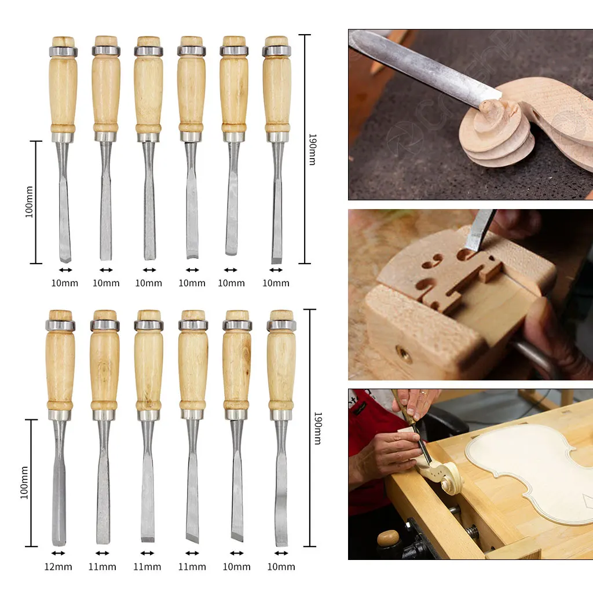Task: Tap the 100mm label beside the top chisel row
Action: tap(29, 202)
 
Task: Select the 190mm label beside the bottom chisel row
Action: tap(317, 428)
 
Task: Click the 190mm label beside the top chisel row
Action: tap(312, 149)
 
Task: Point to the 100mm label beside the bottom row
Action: tap(24, 483)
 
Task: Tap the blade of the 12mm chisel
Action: tap(59, 486)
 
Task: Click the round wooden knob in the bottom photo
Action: tap(388, 538)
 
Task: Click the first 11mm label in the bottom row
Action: tap(103, 566)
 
